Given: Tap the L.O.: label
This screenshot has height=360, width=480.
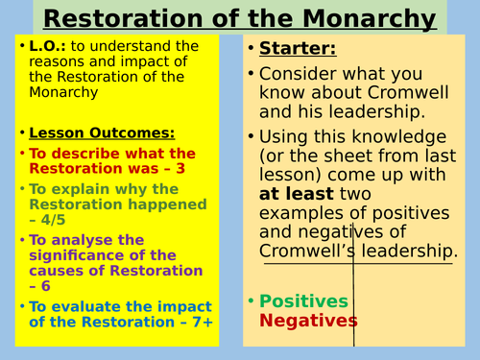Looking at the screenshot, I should (37, 46).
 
